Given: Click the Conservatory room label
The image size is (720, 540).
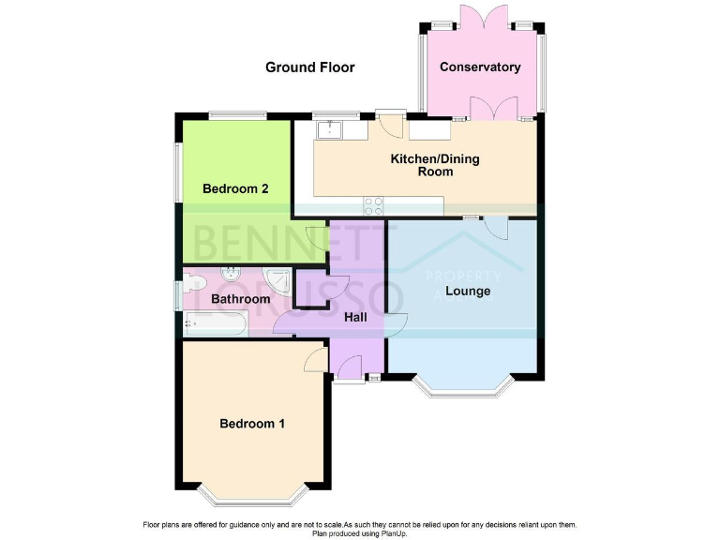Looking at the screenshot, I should pyautogui.click(x=480, y=67).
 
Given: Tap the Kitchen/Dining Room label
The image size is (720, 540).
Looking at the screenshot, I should pyautogui.click(x=435, y=165).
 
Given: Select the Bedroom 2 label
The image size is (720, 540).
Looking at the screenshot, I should pyautogui.click(x=236, y=188).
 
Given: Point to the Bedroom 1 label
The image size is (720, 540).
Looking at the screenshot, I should pyautogui.click(x=252, y=424).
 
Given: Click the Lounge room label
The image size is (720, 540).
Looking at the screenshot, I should pyautogui.click(x=468, y=292).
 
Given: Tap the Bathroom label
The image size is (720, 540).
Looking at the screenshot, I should pyautogui.click(x=240, y=300).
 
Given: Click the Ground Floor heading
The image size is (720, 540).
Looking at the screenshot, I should pyautogui.click(x=310, y=67).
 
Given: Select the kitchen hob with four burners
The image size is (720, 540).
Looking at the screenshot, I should pyautogui.click(x=372, y=205).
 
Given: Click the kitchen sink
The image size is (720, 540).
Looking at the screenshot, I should pyautogui.click(x=331, y=131).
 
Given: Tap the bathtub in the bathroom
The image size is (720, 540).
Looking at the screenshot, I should pyautogui.click(x=215, y=324).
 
